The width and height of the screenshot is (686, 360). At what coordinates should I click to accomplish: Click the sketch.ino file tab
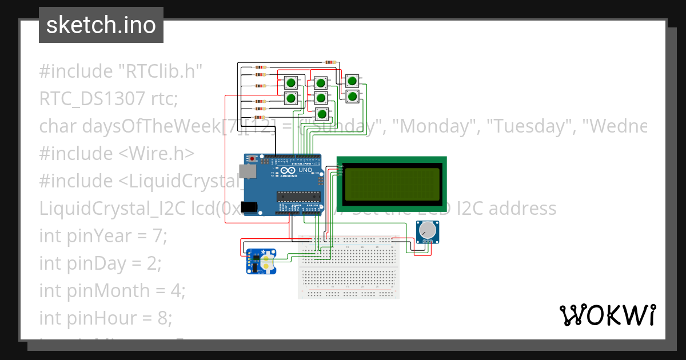pos(101,25)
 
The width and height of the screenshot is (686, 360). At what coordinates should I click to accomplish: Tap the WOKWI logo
pos(607,315)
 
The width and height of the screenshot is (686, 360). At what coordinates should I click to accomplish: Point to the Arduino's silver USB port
pos(248,171)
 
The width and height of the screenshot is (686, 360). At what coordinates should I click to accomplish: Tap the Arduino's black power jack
pos(249,207)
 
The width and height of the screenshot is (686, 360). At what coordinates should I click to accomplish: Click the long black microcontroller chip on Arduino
pos(298,197)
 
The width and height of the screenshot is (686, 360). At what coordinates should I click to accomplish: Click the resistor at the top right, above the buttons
pos(330,62)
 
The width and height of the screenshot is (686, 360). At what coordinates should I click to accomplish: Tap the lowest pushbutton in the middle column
pos(322,114)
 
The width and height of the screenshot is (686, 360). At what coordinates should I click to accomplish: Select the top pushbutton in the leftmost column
pos(291,83)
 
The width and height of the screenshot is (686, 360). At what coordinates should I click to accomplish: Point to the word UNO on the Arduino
pos(305,170)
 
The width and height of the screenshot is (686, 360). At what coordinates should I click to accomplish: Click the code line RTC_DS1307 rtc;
pos(109,99)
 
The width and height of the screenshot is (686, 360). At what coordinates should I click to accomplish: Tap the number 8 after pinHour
pos(161,318)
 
